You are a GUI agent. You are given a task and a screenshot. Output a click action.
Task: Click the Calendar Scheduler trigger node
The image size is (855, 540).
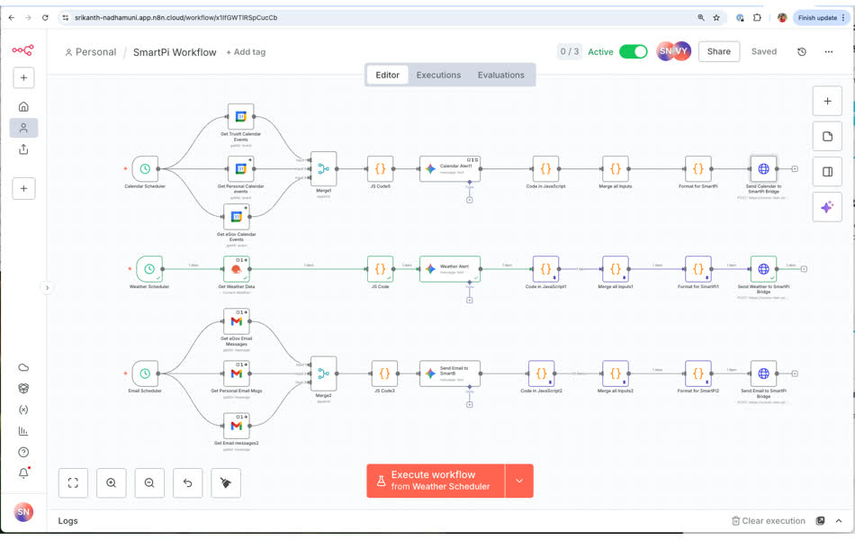pyautogui.click(x=145, y=168)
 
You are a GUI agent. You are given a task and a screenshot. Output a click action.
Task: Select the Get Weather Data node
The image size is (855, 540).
pyautogui.click(x=236, y=268)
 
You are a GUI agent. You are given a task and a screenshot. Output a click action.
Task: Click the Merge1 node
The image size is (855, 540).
pyautogui.click(x=323, y=168)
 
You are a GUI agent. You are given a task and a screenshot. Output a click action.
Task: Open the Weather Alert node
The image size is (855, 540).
pyautogui.click(x=449, y=268)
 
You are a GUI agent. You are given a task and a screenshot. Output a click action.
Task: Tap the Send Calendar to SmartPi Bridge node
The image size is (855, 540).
pyautogui.click(x=763, y=168)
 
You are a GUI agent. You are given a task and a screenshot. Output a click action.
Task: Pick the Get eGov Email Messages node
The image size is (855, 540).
pyautogui.click(x=236, y=321)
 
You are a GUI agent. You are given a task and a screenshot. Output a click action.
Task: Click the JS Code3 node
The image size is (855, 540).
pyautogui.click(x=384, y=373)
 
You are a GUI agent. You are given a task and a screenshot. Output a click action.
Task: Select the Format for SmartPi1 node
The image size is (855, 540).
pyautogui.click(x=697, y=268)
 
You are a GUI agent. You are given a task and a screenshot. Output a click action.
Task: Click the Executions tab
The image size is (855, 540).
pyautogui.click(x=438, y=75)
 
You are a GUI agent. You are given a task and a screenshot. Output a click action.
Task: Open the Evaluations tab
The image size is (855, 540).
pyautogui.click(x=500, y=75)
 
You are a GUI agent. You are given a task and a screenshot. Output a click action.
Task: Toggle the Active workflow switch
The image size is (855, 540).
pyautogui.click(x=633, y=51)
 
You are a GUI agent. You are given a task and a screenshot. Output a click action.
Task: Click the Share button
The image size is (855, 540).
pyautogui.click(x=718, y=51)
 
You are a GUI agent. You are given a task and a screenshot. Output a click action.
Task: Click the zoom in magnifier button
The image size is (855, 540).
pyautogui.click(x=111, y=482)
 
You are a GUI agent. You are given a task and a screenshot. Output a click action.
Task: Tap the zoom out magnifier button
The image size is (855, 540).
pyautogui.click(x=149, y=482)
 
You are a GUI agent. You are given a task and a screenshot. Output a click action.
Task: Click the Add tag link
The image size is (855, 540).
pyautogui.click(x=246, y=52)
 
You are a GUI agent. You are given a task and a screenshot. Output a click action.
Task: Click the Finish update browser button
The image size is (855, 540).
pyautogui.click(x=817, y=17)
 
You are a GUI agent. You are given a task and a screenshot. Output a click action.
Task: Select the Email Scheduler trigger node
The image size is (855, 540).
pyautogui.click(x=145, y=373)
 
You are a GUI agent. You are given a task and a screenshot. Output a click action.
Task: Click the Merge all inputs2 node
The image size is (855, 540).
pyautogui.click(x=615, y=373)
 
